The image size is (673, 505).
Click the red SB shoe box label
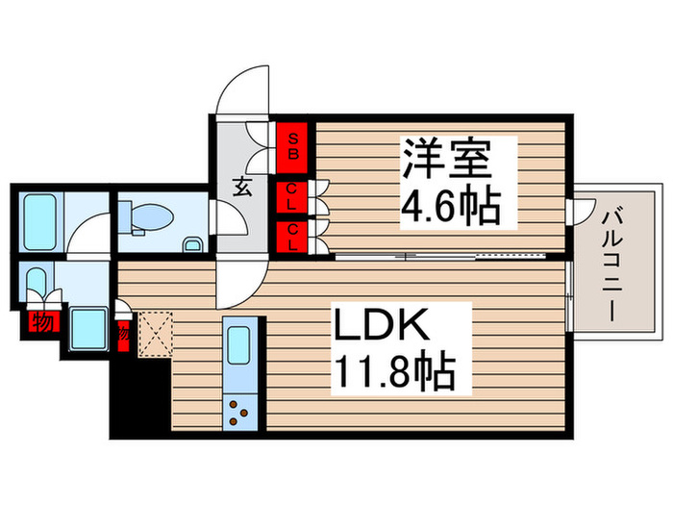293,144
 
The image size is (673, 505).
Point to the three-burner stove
240,413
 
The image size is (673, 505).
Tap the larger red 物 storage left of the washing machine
41,319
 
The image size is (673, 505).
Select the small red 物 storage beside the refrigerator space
123,333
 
